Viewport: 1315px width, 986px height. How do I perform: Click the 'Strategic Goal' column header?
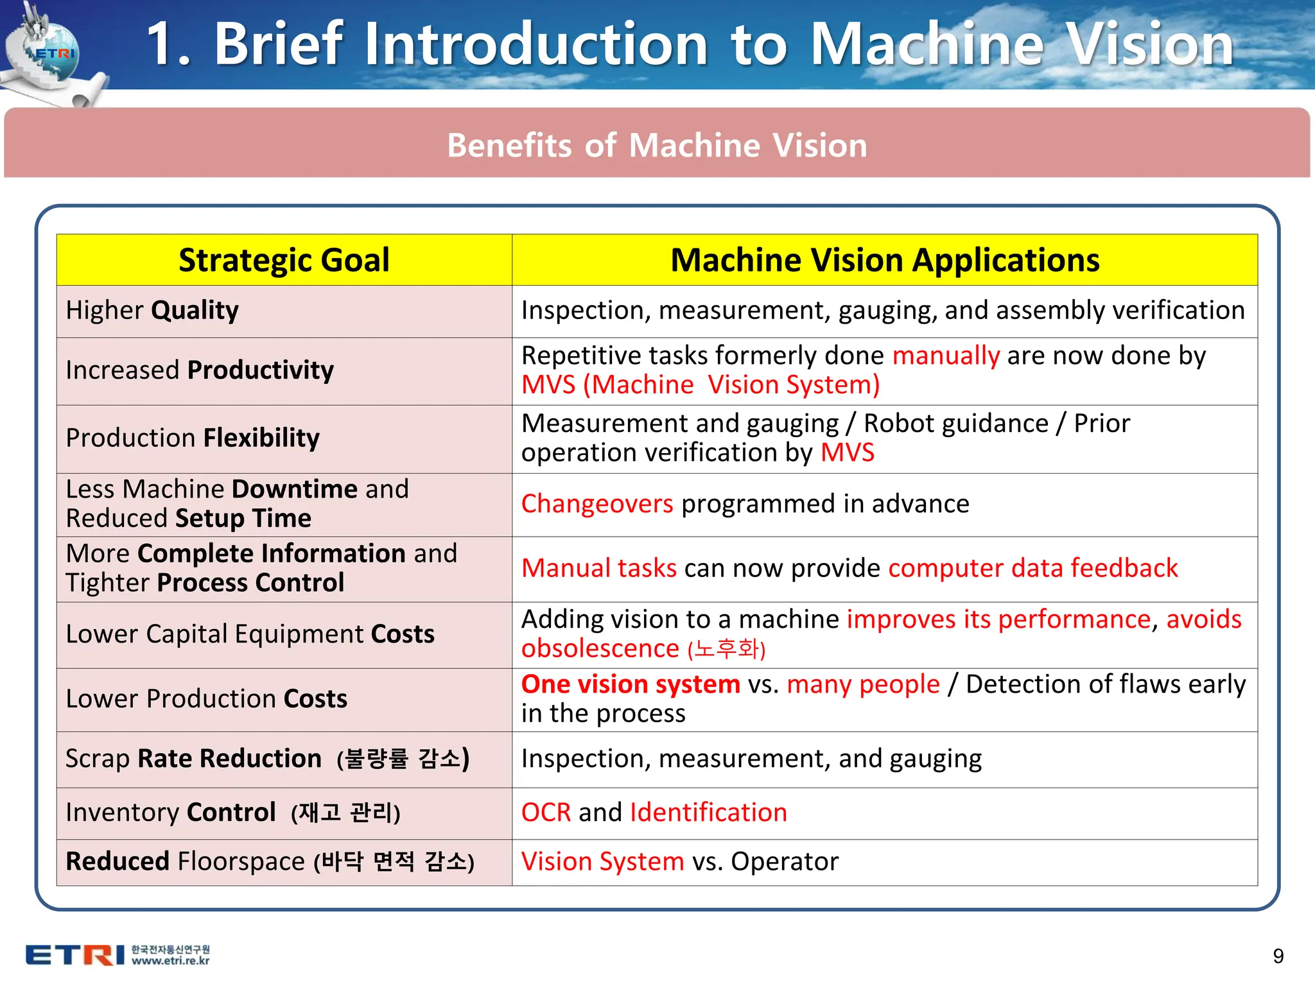(284, 260)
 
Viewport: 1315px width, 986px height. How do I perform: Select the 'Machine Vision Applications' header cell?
(884, 260)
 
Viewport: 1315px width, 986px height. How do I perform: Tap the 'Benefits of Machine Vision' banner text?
(657, 145)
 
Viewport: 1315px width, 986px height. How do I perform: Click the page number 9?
(1278, 956)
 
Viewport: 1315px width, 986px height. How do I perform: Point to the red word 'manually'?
(946, 356)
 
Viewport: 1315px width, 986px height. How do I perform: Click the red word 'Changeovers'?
(597, 504)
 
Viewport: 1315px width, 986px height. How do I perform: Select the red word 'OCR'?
(546, 813)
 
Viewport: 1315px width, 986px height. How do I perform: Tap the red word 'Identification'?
(708, 813)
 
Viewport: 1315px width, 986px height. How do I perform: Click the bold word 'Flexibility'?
(261, 438)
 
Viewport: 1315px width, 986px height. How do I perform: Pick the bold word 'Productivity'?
(260, 370)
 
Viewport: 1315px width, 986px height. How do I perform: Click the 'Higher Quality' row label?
(152, 311)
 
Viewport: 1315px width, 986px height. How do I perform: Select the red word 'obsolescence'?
(600, 649)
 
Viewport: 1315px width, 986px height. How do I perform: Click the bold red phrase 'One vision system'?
(631, 684)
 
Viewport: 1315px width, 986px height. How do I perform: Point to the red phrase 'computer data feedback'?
(1032, 568)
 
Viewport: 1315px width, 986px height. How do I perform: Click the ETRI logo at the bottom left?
(75, 955)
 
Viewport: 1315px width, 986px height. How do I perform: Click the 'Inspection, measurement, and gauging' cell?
(751, 759)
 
